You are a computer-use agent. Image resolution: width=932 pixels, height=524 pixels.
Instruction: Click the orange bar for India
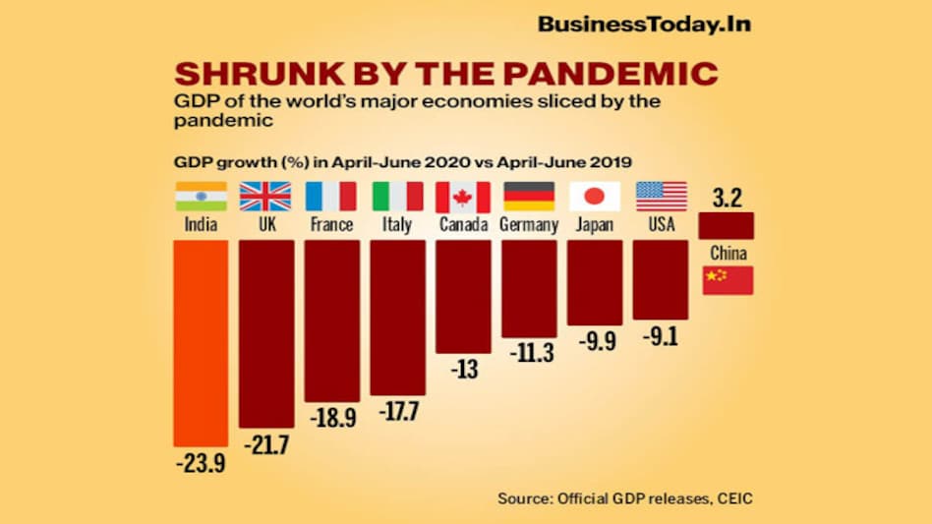(x=201, y=343)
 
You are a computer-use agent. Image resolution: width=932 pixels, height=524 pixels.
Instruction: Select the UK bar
(x=266, y=333)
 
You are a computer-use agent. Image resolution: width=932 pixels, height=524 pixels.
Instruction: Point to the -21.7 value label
(x=266, y=445)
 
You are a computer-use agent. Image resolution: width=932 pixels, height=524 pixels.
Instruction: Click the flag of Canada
(x=462, y=197)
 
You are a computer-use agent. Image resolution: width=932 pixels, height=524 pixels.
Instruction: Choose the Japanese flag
(x=595, y=197)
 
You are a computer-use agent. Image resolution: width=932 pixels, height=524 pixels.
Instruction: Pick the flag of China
(x=728, y=280)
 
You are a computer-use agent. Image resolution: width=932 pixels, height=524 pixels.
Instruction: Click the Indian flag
(x=201, y=197)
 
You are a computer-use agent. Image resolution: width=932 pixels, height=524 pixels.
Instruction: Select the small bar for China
(x=727, y=226)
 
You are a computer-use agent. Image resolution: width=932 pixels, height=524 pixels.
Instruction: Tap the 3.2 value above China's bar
(x=727, y=197)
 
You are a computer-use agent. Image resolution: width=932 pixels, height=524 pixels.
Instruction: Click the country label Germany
(x=529, y=225)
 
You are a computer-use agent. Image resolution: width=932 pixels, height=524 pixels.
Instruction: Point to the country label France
(x=331, y=225)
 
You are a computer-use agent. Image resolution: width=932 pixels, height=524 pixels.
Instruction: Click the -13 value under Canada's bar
(x=463, y=370)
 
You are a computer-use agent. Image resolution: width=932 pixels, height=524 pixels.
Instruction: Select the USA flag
(x=662, y=197)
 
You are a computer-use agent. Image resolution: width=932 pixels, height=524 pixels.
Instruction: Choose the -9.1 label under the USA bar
(x=661, y=336)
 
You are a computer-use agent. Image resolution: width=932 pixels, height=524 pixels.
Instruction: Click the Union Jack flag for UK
(x=266, y=197)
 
